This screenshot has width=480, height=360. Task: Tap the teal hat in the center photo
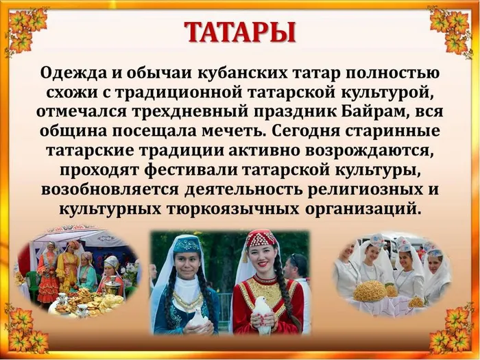tap(187, 243)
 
